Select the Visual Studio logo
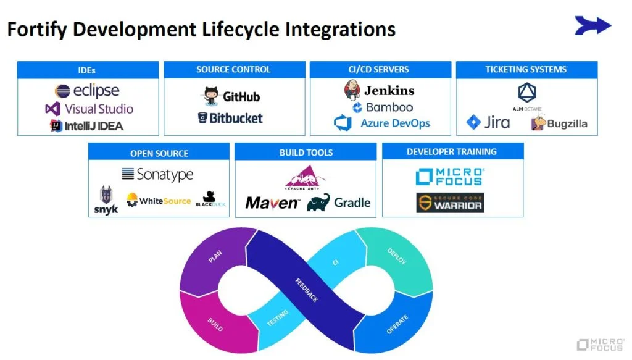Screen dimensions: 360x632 pyautogui.click(x=89, y=109)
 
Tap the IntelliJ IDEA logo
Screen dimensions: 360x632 pyautogui.click(x=87, y=125)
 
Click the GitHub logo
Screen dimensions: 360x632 pyautogui.click(x=232, y=96)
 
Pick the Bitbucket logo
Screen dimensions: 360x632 pyautogui.click(x=230, y=117)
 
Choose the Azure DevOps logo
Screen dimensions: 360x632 pyautogui.click(x=381, y=123)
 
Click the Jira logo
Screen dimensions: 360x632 pyautogui.click(x=488, y=122)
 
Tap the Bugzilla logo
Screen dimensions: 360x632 pyautogui.click(x=559, y=123)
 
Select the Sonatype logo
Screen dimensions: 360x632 pyautogui.click(x=157, y=175)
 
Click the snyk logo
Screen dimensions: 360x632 pyautogui.click(x=106, y=201)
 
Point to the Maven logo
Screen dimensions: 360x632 pyautogui.click(x=272, y=203)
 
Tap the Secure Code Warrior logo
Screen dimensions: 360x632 pyautogui.click(x=450, y=203)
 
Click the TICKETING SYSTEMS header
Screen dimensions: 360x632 pyautogui.click(x=526, y=69)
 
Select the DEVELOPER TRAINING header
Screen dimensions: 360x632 pyautogui.click(x=452, y=151)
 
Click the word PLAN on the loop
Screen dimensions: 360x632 pyautogui.click(x=215, y=256)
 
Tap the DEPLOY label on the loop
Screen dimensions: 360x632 pyautogui.click(x=396, y=256)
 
